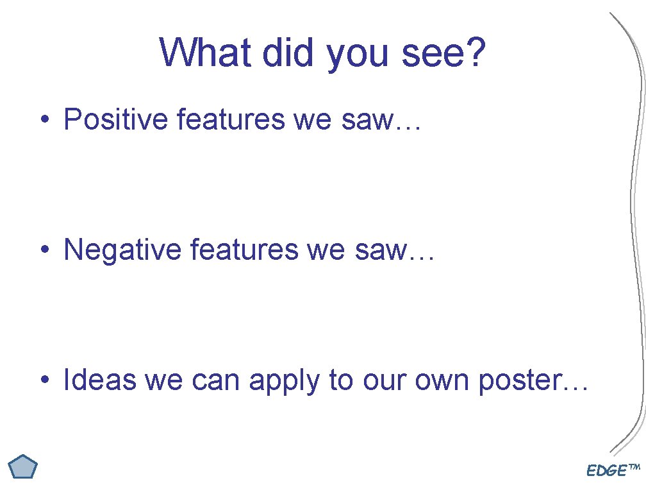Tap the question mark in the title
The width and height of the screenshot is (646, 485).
pos(476,52)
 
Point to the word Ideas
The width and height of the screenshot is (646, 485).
pos(99,380)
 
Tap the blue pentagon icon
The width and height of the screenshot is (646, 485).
pos(24,467)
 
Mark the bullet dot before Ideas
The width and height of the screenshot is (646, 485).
pos(44,381)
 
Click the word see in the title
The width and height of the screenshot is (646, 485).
pos(430,52)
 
